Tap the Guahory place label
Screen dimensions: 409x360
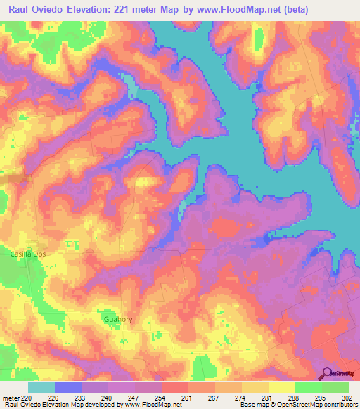[117, 319]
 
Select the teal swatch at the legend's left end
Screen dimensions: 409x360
[41, 388]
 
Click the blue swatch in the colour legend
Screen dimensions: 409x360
[68, 388]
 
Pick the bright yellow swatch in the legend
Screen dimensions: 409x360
[282, 388]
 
